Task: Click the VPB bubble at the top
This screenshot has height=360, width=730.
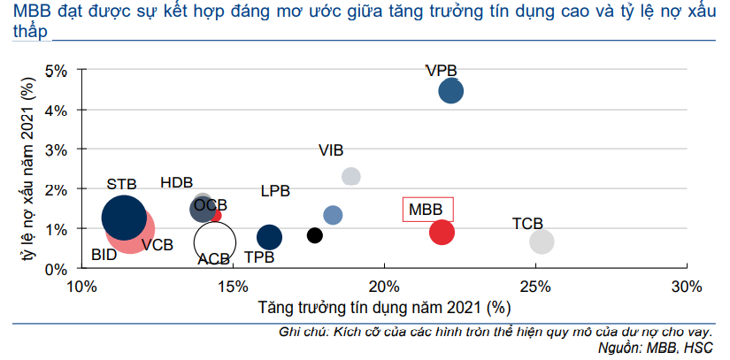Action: click(x=451, y=90)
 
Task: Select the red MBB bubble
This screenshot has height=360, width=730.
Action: click(x=442, y=232)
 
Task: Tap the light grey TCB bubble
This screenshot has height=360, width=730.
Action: click(x=542, y=241)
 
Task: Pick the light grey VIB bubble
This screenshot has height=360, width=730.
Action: click(x=351, y=176)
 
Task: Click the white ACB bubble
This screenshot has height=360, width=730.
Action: click(x=214, y=240)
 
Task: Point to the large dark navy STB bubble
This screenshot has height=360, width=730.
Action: click(x=124, y=218)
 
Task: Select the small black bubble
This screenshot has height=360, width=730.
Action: click(x=314, y=234)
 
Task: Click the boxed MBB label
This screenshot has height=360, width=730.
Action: click(x=426, y=210)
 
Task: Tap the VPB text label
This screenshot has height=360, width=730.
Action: click(x=442, y=71)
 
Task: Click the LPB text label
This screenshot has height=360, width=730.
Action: click(x=275, y=191)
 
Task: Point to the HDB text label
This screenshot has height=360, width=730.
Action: click(x=177, y=182)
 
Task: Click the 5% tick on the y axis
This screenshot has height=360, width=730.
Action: click(x=58, y=70)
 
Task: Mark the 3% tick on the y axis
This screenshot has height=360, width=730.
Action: click(x=58, y=149)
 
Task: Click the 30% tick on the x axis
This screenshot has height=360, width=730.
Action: click(x=687, y=287)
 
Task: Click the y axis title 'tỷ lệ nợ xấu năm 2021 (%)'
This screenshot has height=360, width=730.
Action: click(x=28, y=169)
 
